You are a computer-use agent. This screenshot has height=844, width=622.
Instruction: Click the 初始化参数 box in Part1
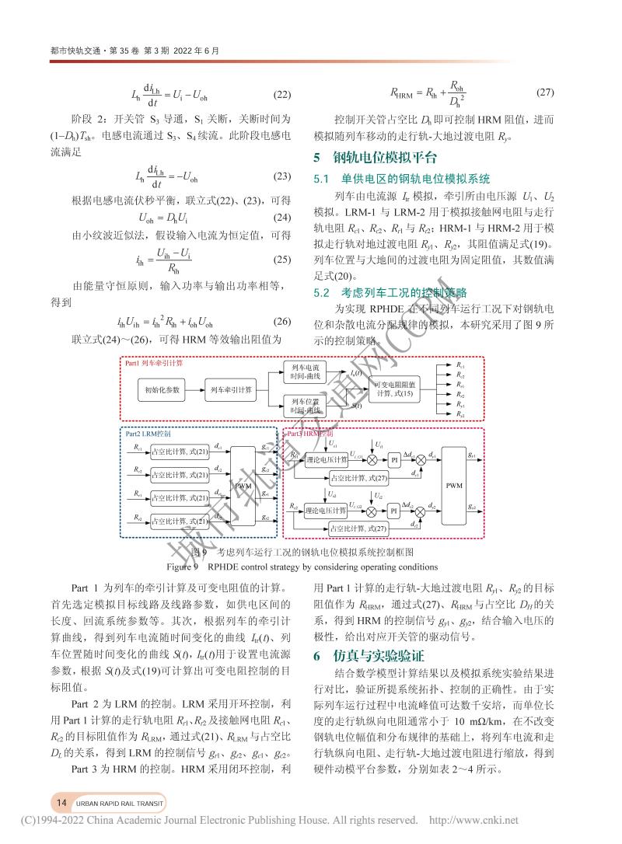(161, 389)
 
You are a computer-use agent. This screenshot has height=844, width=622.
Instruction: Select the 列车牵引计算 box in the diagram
(230, 389)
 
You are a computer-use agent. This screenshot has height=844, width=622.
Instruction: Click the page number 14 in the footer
(61, 801)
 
